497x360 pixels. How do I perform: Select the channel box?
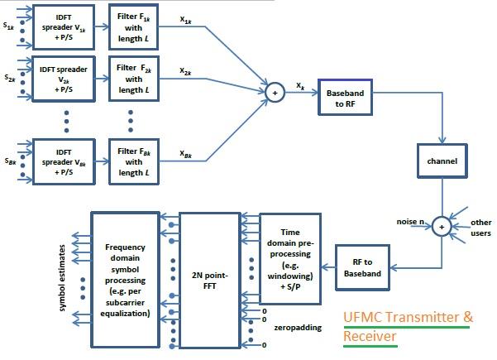coord(441,159)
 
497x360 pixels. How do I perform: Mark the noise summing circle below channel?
coord(442,226)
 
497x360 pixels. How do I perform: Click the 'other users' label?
coord(481,226)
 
